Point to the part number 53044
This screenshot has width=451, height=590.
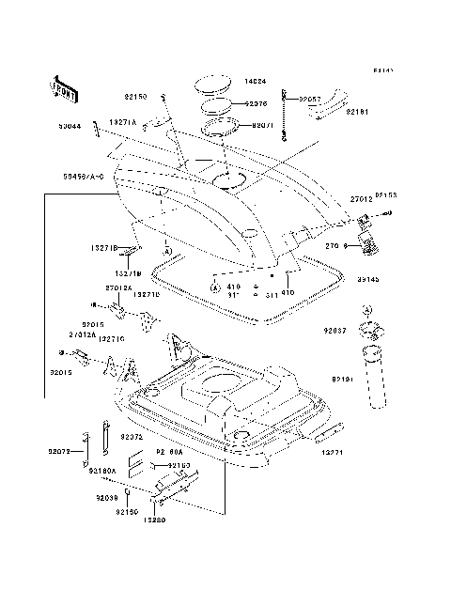coord(69,124)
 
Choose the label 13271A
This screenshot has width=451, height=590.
coord(122,122)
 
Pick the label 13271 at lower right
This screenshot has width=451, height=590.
coord(335,453)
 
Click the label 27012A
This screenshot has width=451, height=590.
coord(117,288)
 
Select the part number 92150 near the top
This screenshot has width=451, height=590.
coord(135,97)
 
